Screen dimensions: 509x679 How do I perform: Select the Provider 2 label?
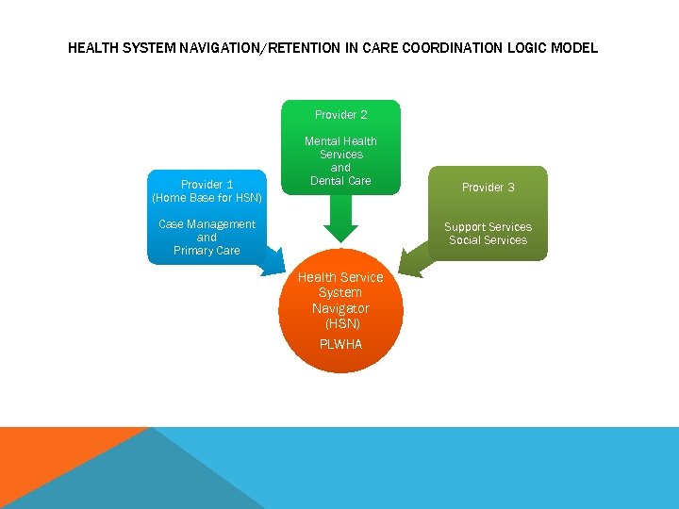tap(340, 115)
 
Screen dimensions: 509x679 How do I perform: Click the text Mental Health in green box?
tap(340, 141)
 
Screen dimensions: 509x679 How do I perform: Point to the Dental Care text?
tap(340, 181)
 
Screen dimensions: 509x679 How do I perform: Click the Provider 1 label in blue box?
tap(207, 185)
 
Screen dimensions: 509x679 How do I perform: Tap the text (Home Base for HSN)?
tap(207, 198)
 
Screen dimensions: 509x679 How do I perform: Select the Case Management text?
tap(207, 224)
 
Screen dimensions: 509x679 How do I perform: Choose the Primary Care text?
tap(207, 251)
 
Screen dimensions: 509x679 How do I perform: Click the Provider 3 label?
tap(488, 188)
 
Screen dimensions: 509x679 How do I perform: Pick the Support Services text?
tap(488, 227)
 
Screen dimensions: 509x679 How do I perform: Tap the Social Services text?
tap(488, 240)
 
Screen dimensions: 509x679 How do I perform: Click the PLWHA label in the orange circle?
tap(340, 344)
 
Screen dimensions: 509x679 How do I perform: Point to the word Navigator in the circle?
tap(340, 308)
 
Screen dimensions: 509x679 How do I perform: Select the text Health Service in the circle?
tap(340, 277)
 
